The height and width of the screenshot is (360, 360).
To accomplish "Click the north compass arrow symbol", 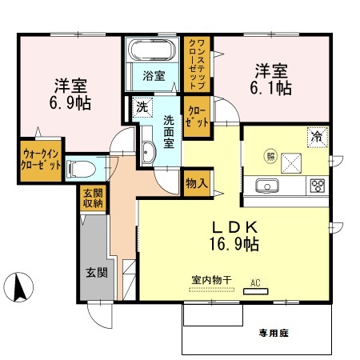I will [x=22, y=285].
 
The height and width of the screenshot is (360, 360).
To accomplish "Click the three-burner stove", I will [x=316, y=186].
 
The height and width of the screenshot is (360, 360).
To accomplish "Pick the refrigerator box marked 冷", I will [x=317, y=137].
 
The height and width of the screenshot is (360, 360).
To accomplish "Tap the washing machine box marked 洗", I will [x=141, y=107].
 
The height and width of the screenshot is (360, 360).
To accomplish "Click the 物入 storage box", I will [x=196, y=182].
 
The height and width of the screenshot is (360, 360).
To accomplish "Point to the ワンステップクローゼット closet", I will [x=195, y=64].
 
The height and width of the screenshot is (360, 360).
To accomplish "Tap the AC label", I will [x=256, y=282].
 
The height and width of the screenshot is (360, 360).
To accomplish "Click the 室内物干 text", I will [x=211, y=281].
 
